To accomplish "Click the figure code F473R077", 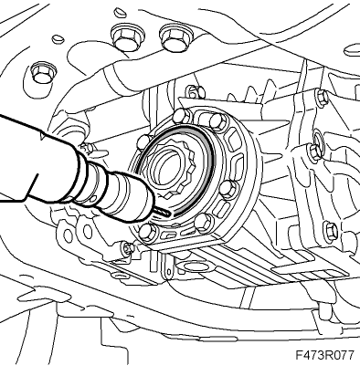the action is point(324,355).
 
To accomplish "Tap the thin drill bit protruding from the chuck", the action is point(163,212).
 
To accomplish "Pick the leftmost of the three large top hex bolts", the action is point(42,73).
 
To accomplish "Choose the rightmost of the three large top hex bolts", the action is point(174,36).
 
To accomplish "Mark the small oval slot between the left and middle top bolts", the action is point(58,39).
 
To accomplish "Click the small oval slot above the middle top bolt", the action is point(119,13).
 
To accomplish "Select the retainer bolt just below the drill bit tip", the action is point(147,233).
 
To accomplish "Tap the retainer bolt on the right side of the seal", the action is point(228,190).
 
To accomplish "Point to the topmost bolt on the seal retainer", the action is point(218,120).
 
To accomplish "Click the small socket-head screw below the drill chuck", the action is point(126,247).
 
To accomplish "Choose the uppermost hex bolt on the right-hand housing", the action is point(322,97).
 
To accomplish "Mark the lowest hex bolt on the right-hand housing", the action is point(331,231).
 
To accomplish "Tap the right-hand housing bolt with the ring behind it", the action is point(314,151).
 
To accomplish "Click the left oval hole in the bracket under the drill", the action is point(68,234).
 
